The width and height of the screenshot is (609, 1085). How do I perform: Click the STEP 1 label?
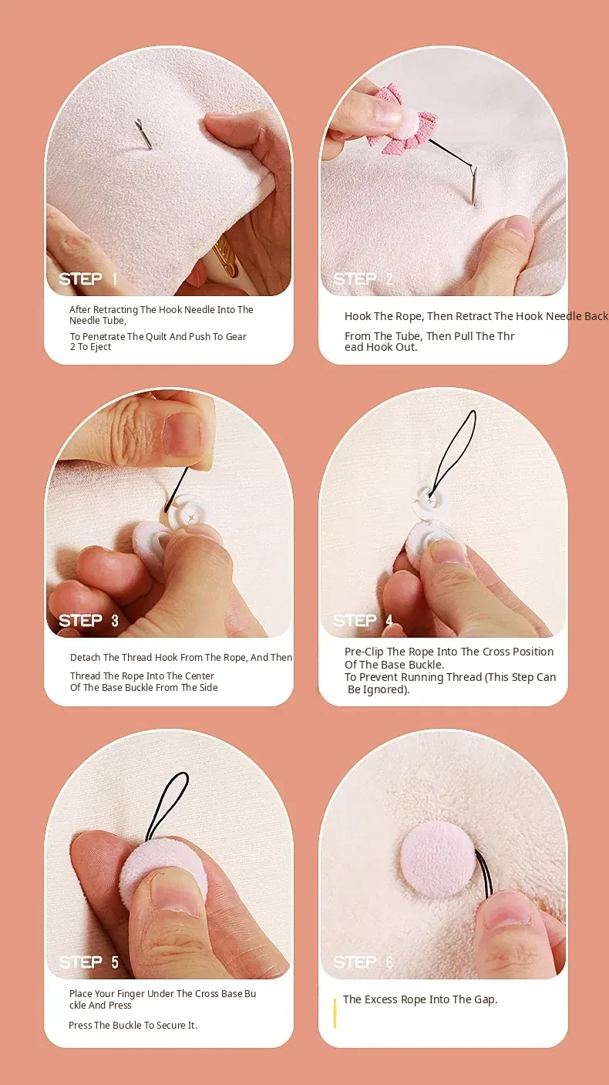tap(88, 279)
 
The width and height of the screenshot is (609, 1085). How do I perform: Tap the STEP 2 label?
tap(362, 279)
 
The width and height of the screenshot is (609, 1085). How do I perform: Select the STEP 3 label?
tap(89, 621)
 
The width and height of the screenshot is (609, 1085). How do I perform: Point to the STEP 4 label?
tap(362, 620)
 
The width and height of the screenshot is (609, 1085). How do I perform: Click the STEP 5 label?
tap(89, 962)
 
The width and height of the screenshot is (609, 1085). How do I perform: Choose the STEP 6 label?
tap(362, 962)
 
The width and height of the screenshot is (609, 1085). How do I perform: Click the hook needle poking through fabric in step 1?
tap(143, 133)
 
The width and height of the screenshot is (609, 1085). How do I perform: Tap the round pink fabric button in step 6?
tap(438, 858)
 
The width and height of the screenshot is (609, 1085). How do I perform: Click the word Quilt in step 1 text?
tap(158, 337)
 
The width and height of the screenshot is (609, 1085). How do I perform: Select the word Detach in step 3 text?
tap(85, 657)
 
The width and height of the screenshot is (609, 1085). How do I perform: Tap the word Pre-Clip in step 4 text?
tap(364, 652)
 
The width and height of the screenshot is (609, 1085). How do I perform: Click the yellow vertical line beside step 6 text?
tap(335, 1013)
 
